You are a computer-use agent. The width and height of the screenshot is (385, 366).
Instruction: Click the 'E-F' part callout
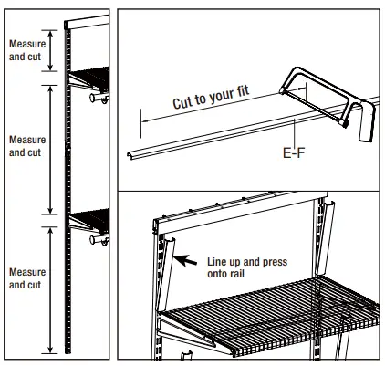[294, 154]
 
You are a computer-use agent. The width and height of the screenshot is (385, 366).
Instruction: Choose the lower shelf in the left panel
[90, 219]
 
